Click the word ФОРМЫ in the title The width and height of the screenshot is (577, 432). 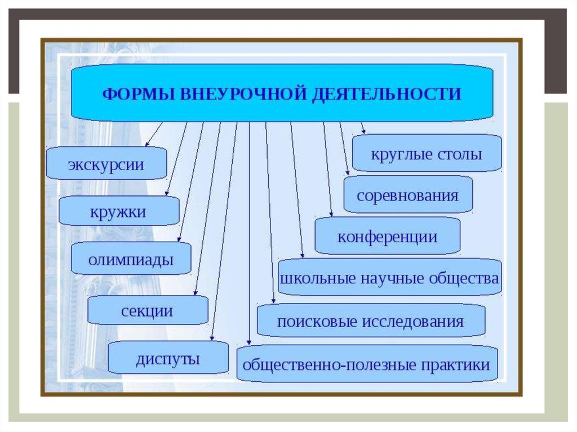click(139, 93)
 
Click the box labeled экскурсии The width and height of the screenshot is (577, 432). click(106, 164)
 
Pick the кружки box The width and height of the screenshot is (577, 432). click(118, 212)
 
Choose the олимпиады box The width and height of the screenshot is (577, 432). click(131, 260)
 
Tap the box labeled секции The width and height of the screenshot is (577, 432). click(147, 310)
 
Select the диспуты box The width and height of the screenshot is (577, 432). click(168, 358)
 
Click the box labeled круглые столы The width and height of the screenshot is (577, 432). click(427, 153)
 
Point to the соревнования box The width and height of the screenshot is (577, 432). click(408, 195)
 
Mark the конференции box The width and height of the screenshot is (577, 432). click(388, 237)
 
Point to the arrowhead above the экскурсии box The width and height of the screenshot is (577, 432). click(148, 144)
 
